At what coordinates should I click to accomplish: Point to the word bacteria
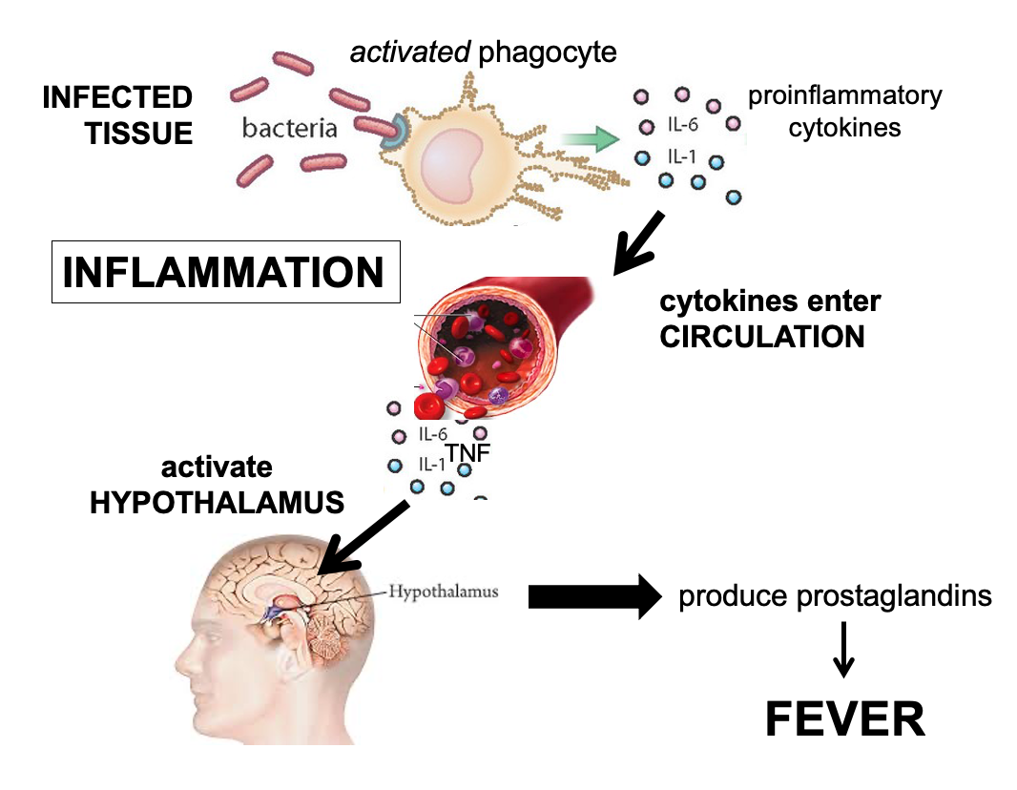(x=289, y=127)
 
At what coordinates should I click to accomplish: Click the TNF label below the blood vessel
(x=467, y=452)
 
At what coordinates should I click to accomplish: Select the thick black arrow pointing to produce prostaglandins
(x=594, y=597)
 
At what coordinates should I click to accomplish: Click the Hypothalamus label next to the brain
(x=443, y=592)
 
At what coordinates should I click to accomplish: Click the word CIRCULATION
(x=762, y=337)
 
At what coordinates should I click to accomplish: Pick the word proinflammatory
(x=844, y=95)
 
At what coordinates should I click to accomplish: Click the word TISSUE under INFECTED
(x=139, y=133)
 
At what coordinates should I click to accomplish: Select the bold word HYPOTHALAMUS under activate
(x=217, y=502)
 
